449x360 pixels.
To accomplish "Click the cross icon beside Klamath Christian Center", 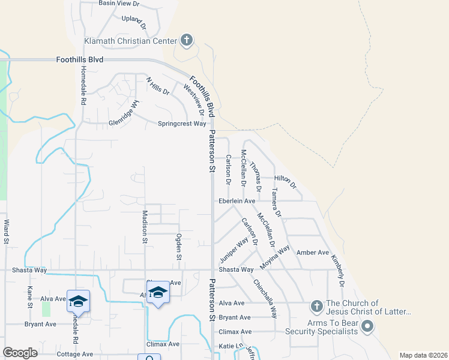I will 187,40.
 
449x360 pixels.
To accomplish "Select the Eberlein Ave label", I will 237,201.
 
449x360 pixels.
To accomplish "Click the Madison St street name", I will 145,226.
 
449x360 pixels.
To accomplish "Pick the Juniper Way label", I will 234,250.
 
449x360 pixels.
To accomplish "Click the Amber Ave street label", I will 313,253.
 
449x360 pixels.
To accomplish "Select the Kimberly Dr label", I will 339,271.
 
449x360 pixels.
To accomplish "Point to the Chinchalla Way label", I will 265,298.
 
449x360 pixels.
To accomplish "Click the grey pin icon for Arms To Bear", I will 368,327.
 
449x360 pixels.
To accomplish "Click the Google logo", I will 20,353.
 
